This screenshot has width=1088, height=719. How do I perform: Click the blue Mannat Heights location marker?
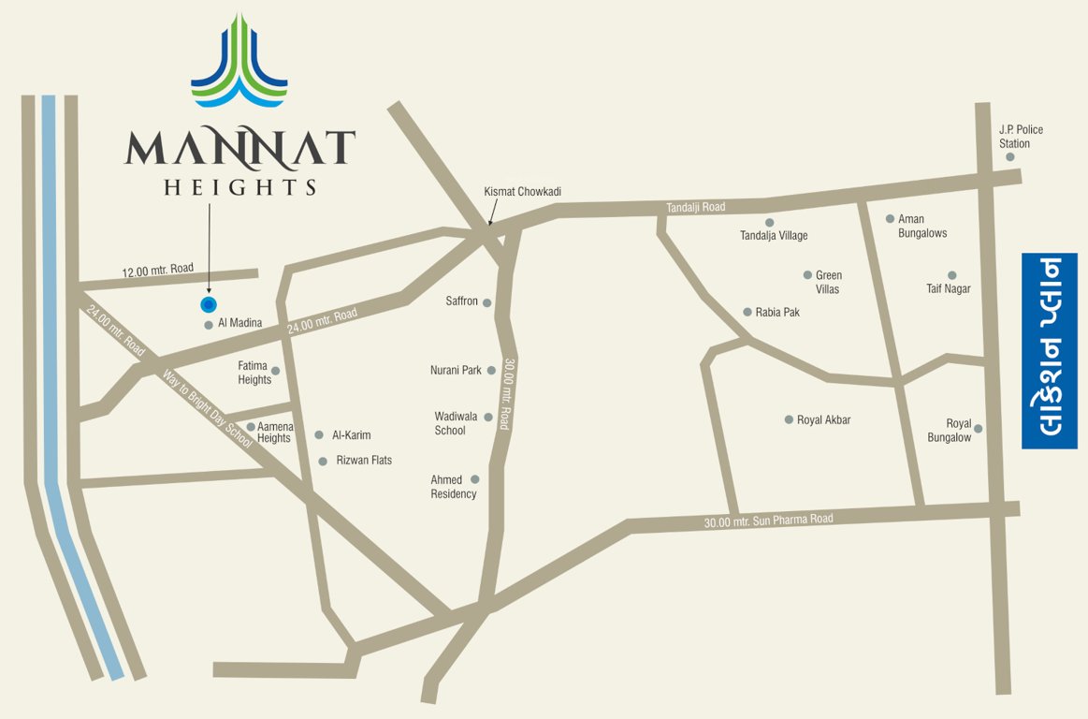(x=209, y=304)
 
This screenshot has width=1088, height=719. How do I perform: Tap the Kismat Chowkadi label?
(x=522, y=192)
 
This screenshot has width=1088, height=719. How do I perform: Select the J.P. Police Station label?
(x=1021, y=137)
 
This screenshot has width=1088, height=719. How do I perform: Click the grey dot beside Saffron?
(x=486, y=302)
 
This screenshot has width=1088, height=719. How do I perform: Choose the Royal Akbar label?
(x=823, y=420)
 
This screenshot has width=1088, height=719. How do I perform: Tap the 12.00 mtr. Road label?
(x=157, y=270)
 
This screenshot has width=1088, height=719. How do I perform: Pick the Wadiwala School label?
(x=450, y=423)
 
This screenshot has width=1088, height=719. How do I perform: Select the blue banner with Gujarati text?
(x=1049, y=350)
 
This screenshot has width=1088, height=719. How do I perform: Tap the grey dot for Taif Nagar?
(x=952, y=275)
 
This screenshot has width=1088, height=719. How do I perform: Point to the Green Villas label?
(x=828, y=282)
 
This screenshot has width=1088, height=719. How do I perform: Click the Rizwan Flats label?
(x=364, y=461)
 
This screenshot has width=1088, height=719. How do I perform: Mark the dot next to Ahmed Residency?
(x=474, y=479)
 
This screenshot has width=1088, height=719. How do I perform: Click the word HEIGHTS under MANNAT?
(x=240, y=187)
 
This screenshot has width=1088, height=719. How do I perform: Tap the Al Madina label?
(x=239, y=324)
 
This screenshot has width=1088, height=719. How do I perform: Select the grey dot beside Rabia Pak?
(x=747, y=312)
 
